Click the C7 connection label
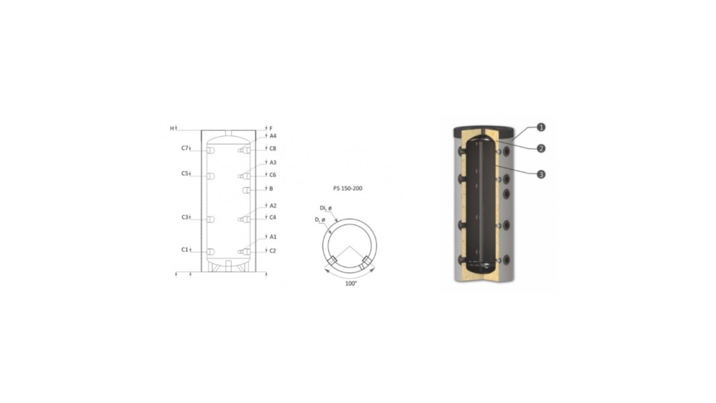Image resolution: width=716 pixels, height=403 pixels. click(x=185, y=148)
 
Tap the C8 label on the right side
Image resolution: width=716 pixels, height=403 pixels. click(x=273, y=149)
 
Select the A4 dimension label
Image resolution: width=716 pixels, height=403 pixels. click(x=273, y=136)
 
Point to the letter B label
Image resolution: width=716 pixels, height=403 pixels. click(x=271, y=189)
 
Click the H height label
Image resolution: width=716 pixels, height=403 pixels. click(x=172, y=128)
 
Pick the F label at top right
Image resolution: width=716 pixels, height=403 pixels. click(x=271, y=128)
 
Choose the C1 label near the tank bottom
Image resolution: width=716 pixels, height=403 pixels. click(x=185, y=250)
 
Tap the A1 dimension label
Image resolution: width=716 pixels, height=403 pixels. click(x=273, y=237)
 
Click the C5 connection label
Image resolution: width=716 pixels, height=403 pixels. click(x=185, y=174)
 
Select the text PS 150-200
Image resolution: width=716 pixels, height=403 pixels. click(x=348, y=188)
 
